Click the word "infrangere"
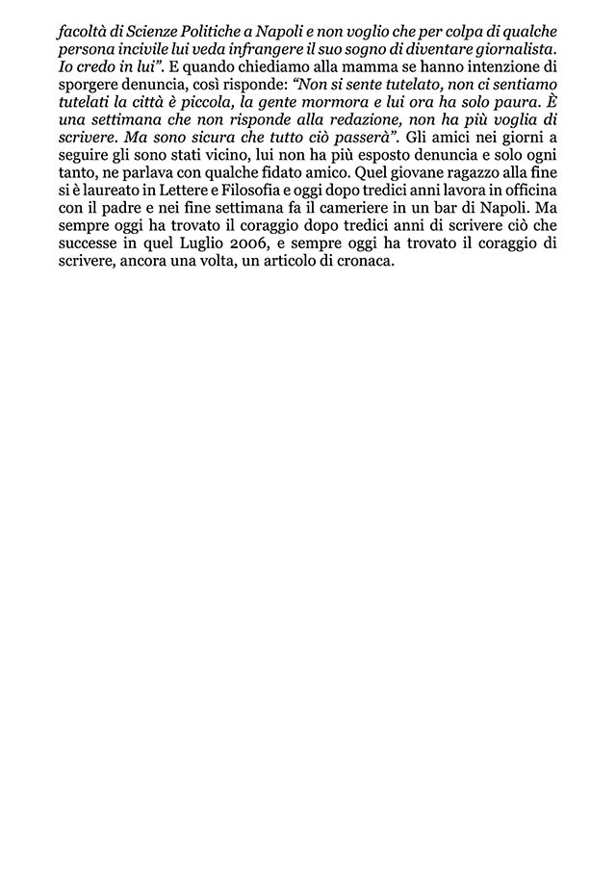(x=290, y=49)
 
